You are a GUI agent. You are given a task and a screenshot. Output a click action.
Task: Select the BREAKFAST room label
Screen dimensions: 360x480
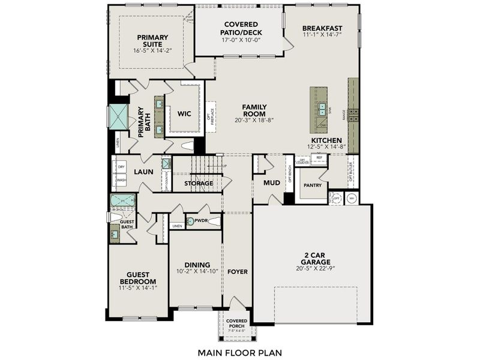click(322, 28)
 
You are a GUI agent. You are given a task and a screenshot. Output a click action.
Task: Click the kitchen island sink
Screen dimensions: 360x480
click(322, 109)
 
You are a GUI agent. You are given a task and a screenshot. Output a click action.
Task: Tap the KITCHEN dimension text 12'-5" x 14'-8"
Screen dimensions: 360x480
click(326, 146)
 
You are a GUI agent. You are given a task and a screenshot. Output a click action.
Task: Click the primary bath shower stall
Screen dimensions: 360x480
click(117, 116)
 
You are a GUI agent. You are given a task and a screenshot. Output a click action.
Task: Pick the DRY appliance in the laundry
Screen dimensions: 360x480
click(121, 167)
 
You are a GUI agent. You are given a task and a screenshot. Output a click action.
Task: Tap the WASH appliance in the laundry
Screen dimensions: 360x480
click(121, 179)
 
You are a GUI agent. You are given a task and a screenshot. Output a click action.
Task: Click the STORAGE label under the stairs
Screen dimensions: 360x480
click(199, 183)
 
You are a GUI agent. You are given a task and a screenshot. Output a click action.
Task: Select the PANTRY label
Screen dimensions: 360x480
click(313, 185)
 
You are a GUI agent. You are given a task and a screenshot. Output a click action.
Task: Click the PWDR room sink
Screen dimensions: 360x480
click(191, 221)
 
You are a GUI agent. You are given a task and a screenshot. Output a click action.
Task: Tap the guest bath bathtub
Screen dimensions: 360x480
click(122, 200)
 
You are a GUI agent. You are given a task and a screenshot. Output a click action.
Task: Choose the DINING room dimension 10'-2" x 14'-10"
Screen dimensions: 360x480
click(197, 272)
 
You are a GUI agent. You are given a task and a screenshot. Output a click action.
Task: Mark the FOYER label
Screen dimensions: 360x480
click(237, 272)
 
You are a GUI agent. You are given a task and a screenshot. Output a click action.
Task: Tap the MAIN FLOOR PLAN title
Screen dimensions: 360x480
click(239, 352)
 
